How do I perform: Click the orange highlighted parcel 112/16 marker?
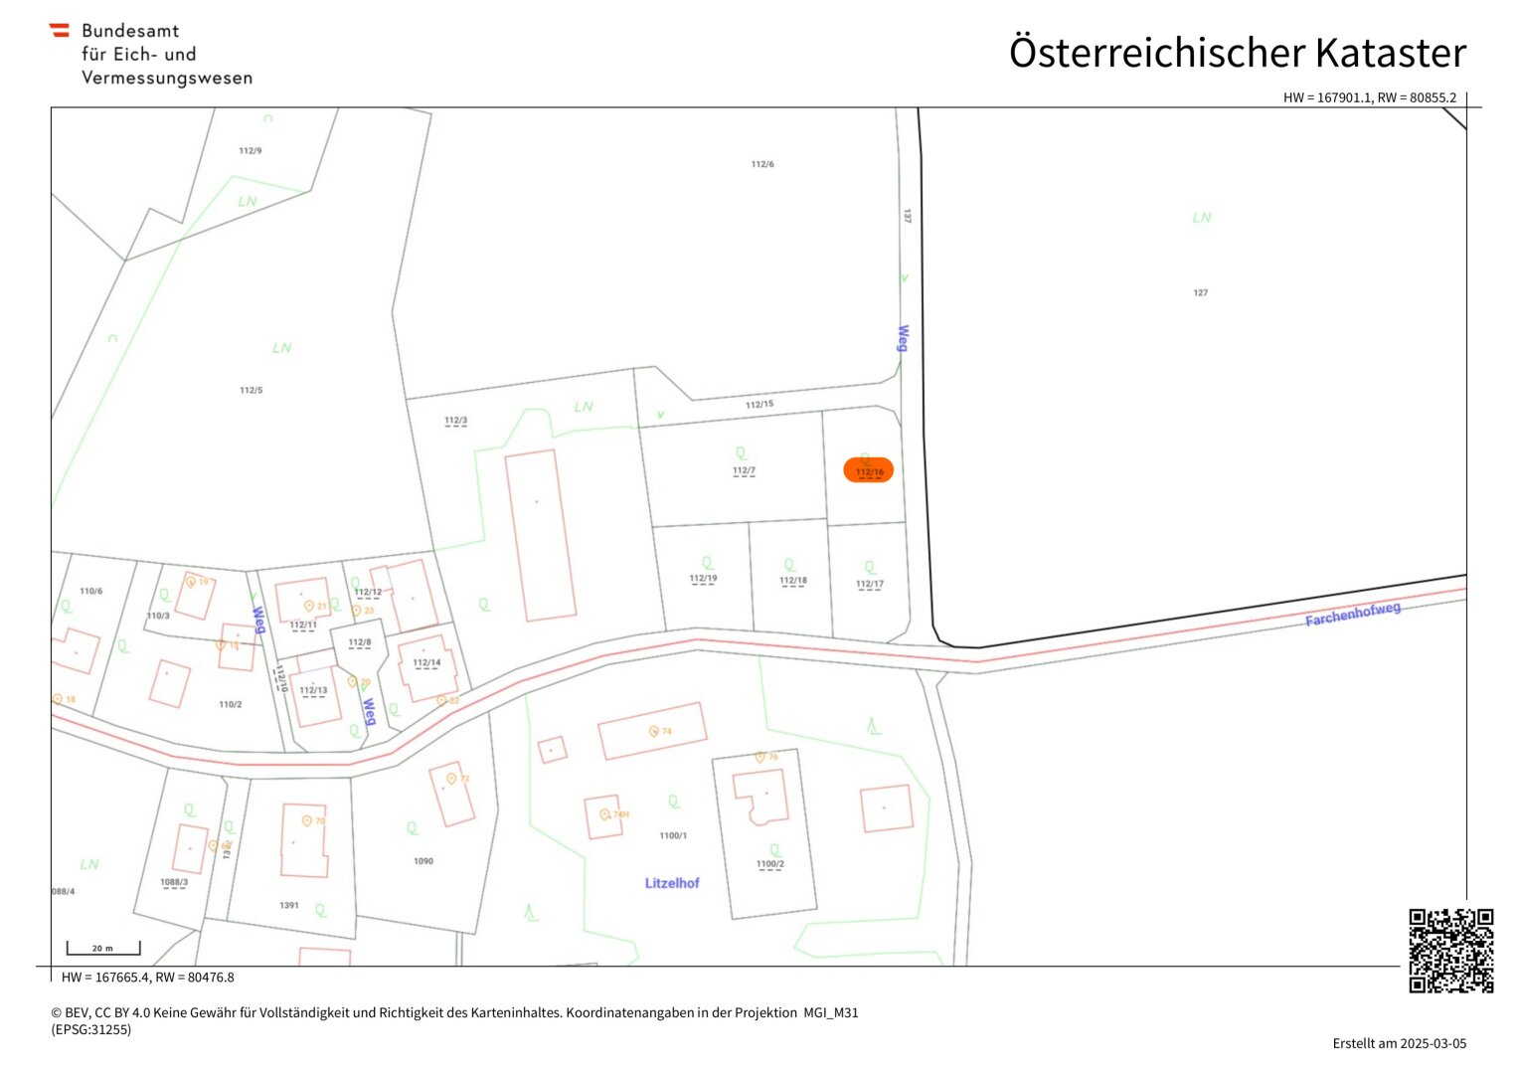(868, 469)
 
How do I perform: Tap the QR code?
(1450, 950)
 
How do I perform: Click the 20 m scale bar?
(103, 949)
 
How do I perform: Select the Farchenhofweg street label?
(1352, 614)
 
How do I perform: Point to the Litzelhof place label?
(672, 883)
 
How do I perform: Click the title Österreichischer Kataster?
(1237, 53)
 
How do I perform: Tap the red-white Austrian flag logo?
(60, 31)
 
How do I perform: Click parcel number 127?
(1200, 292)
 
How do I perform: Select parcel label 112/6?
(762, 164)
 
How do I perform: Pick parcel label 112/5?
(252, 390)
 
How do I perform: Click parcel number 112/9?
(251, 151)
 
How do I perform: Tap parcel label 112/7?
(744, 470)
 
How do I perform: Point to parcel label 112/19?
(703, 578)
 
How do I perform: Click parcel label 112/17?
(869, 584)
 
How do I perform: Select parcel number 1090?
(423, 861)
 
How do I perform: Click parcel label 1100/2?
(769, 864)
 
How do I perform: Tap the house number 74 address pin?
(654, 731)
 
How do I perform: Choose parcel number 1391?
(289, 905)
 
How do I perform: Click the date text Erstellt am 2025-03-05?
(1399, 1043)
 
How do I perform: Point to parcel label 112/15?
(759, 405)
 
